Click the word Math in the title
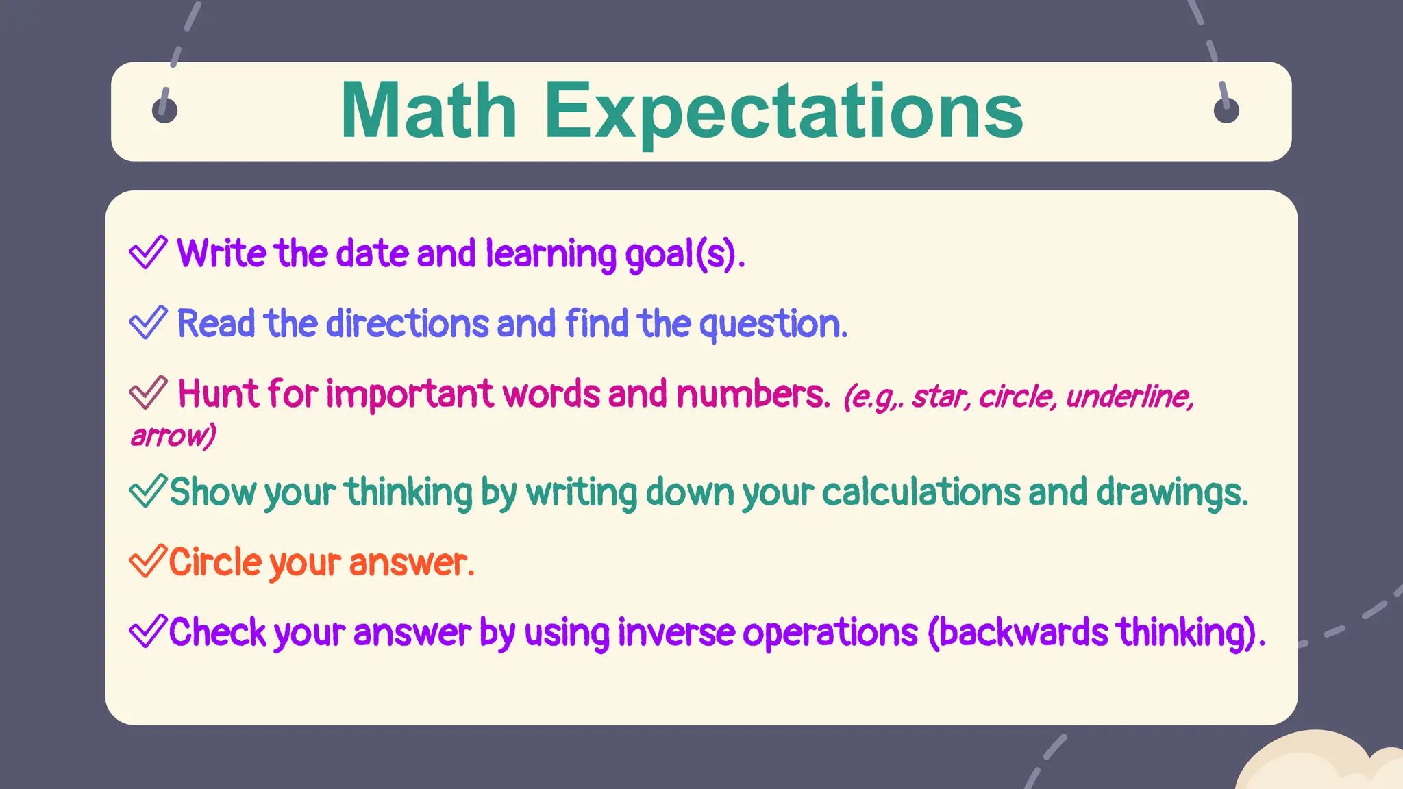428,111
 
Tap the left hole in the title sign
164,110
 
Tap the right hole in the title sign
1226,110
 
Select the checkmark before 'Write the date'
148,252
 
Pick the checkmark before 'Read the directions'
148,323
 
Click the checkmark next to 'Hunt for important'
148,393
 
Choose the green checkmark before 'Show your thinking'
147,491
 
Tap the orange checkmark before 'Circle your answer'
147,561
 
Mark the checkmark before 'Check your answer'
147,631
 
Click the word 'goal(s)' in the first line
684,254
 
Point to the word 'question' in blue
773,324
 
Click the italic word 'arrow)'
173,436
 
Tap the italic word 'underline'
1130,396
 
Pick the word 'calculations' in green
921,492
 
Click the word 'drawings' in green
1171,492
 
